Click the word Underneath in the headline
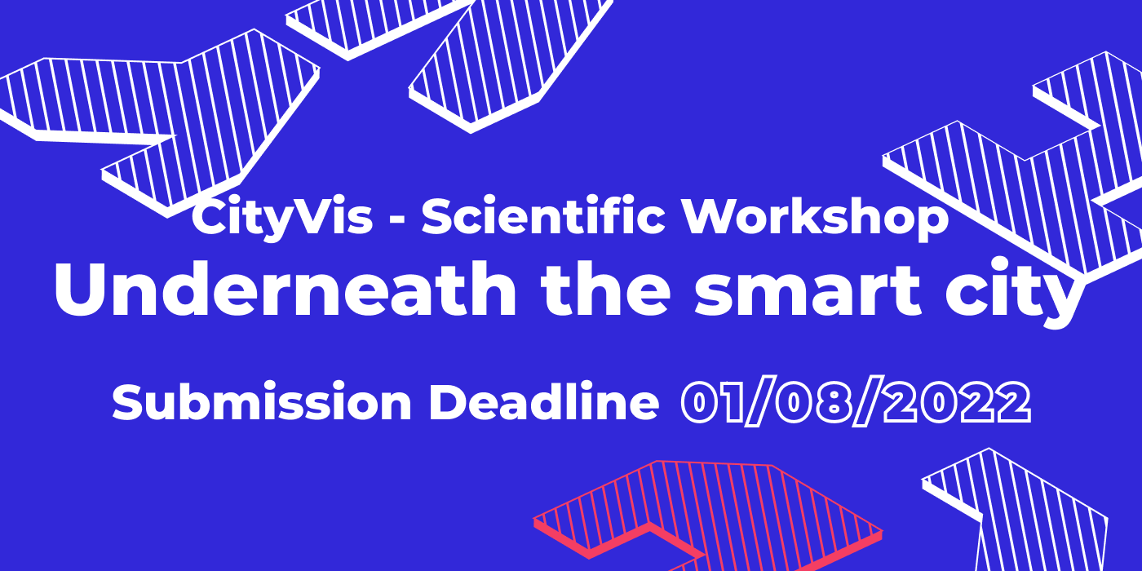point(285,290)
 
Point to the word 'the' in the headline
point(605,290)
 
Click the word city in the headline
point(1016,294)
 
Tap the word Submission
point(262,401)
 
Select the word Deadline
point(544,401)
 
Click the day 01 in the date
point(711,403)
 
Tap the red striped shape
point(708,515)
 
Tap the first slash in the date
point(761,403)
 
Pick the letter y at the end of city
point(1062,302)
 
